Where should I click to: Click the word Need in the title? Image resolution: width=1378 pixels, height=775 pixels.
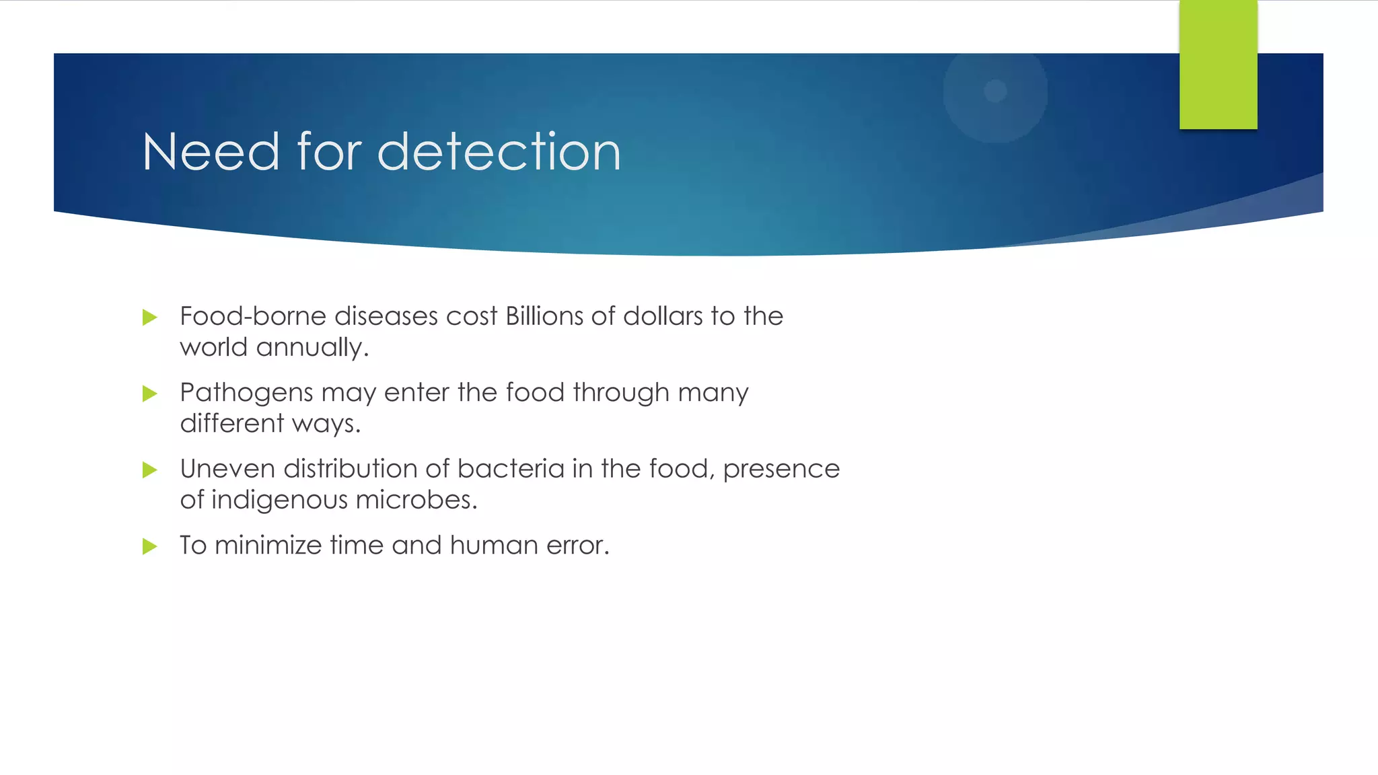coord(211,152)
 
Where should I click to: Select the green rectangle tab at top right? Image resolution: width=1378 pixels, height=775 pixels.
coord(1218,65)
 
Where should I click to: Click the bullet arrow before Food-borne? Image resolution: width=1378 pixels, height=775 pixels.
coord(150,318)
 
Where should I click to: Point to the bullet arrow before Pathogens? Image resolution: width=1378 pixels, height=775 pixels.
coord(150,394)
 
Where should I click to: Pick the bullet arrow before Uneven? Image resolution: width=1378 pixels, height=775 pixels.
coord(150,470)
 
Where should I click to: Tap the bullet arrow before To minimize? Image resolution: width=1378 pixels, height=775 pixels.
coord(150,546)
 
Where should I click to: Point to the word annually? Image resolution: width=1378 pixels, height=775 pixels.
coord(312,348)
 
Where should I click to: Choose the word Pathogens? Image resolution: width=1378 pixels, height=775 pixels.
coord(246,393)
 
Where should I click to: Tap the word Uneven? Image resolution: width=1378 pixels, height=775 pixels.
coord(227,469)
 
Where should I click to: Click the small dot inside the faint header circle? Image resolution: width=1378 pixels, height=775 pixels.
coord(995,91)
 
